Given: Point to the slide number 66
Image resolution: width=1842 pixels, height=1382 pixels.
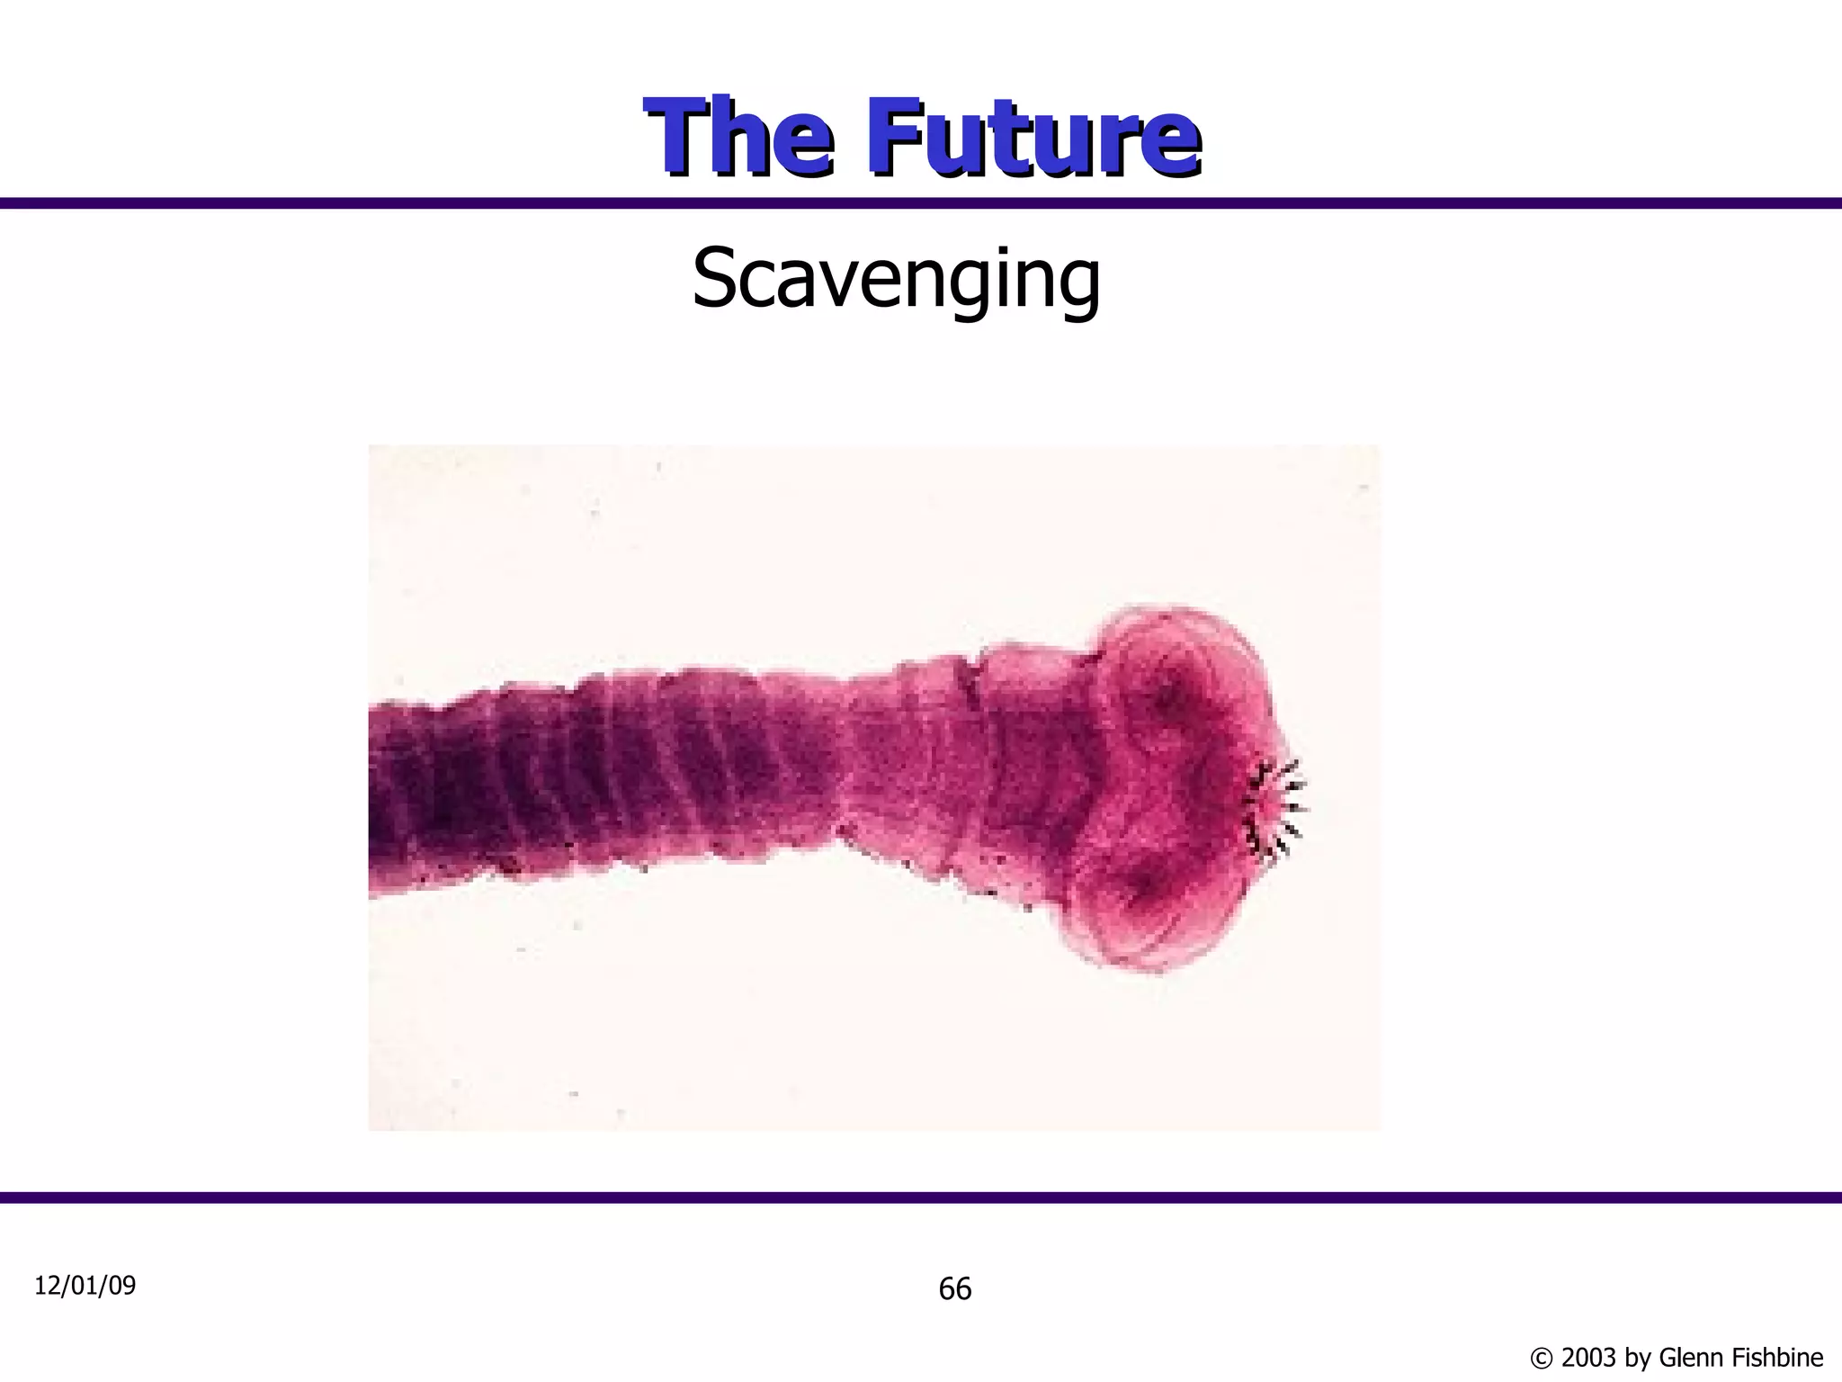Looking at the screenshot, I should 954,1289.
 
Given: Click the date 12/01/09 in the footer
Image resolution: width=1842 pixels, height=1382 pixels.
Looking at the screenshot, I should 85,1286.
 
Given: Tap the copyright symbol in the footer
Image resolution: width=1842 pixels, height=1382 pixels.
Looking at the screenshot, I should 1541,1358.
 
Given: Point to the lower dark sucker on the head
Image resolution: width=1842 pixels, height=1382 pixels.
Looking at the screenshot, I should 1142,886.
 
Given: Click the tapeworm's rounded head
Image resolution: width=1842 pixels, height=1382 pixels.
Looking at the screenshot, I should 1169,787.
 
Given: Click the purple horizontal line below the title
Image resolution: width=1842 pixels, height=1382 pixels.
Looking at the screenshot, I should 921,203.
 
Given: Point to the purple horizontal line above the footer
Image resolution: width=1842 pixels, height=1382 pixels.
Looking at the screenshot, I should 921,1198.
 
